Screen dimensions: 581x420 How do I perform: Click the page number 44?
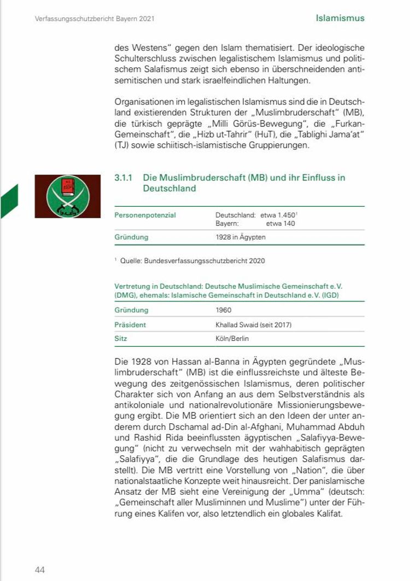pyautogui.click(x=39, y=570)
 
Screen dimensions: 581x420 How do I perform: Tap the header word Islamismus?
pyautogui.click(x=340, y=18)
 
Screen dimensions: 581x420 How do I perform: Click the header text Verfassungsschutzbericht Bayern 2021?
pyautogui.click(x=94, y=19)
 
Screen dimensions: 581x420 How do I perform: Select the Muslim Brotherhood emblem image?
pyautogui.click(x=68, y=196)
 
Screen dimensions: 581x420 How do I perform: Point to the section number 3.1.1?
pyautogui.click(x=124, y=178)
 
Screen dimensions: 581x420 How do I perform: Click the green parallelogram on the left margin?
pyautogui.click(x=9, y=201)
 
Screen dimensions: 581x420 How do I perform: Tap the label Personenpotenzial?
pyautogui.click(x=145, y=215)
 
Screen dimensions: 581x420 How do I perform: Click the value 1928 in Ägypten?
pyautogui.click(x=241, y=237)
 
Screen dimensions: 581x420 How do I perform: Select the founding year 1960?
pyautogui.click(x=224, y=310)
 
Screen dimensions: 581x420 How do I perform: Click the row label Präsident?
pyautogui.click(x=130, y=324)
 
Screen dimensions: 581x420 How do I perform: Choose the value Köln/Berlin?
pyautogui.click(x=232, y=339)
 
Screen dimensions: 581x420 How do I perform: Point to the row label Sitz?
pyautogui.click(x=120, y=339)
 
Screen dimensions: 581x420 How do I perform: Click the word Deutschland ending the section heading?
pyautogui.click(x=169, y=188)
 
